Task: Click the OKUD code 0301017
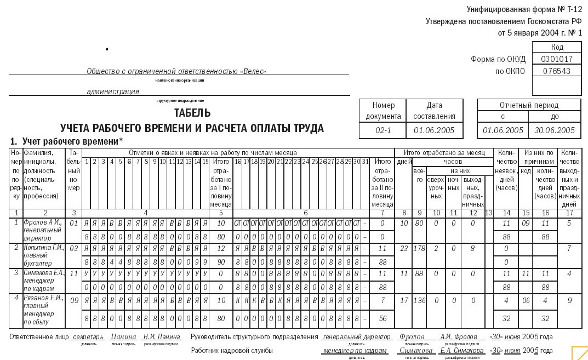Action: click(x=556, y=59)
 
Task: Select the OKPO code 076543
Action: click(x=556, y=71)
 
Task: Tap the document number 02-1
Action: click(x=382, y=130)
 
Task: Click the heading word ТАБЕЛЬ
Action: click(x=192, y=113)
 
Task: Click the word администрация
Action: click(x=113, y=92)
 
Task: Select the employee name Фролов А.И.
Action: click(x=43, y=223)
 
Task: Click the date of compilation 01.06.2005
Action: click(x=434, y=130)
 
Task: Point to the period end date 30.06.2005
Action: click(x=555, y=130)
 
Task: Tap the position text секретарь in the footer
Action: click(x=88, y=336)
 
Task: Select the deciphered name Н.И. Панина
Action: click(x=162, y=336)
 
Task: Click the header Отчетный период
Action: click(x=529, y=105)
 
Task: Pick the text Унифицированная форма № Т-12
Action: click(x=524, y=9)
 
